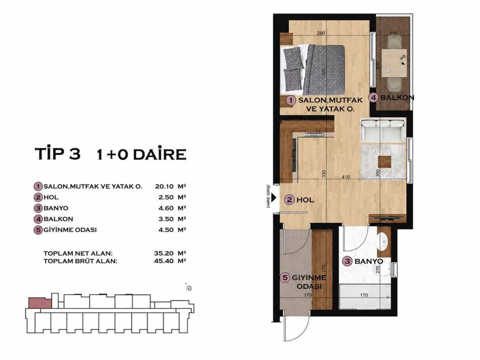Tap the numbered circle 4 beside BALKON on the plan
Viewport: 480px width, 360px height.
pyautogui.click(x=374, y=98)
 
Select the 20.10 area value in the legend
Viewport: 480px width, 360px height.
pyautogui.click(x=164, y=186)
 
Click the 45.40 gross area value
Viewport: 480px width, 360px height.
pyautogui.click(x=164, y=261)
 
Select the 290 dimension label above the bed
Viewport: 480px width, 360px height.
pyautogui.click(x=321, y=33)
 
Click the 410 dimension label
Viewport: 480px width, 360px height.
pyautogui.click(x=345, y=177)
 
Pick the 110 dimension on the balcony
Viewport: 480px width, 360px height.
pyautogui.click(x=393, y=33)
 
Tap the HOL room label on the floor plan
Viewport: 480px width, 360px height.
pyautogui.click(x=305, y=200)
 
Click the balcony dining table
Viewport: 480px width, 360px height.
pyautogui.click(x=394, y=63)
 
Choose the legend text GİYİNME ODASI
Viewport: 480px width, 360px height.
pyautogui.click(x=70, y=230)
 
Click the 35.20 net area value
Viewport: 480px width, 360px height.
pyautogui.click(x=164, y=253)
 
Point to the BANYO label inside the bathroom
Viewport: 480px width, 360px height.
pyautogui.click(x=369, y=261)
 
